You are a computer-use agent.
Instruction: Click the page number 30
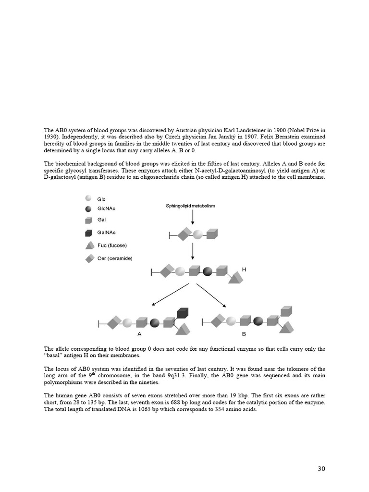[x=321, y=468]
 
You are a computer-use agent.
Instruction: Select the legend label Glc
[x=101, y=199]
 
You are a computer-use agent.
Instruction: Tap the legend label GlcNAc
[x=106, y=209]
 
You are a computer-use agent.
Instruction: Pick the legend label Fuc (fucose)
[x=112, y=246]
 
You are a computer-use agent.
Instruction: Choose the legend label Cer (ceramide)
[x=114, y=258]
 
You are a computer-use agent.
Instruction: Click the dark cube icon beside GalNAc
[x=88, y=233]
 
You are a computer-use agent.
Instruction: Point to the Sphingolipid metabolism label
[x=190, y=206]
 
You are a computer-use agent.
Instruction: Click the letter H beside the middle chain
[x=244, y=270]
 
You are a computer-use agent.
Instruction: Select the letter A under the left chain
[x=139, y=333]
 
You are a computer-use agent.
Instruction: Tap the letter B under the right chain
[x=244, y=333]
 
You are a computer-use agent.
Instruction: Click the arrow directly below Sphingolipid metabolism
[x=193, y=217]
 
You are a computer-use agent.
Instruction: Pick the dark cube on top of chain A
[x=183, y=313]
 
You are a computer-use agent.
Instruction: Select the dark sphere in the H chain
[x=208, y=272]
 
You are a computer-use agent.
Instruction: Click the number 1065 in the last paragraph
[x=132, y=409]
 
